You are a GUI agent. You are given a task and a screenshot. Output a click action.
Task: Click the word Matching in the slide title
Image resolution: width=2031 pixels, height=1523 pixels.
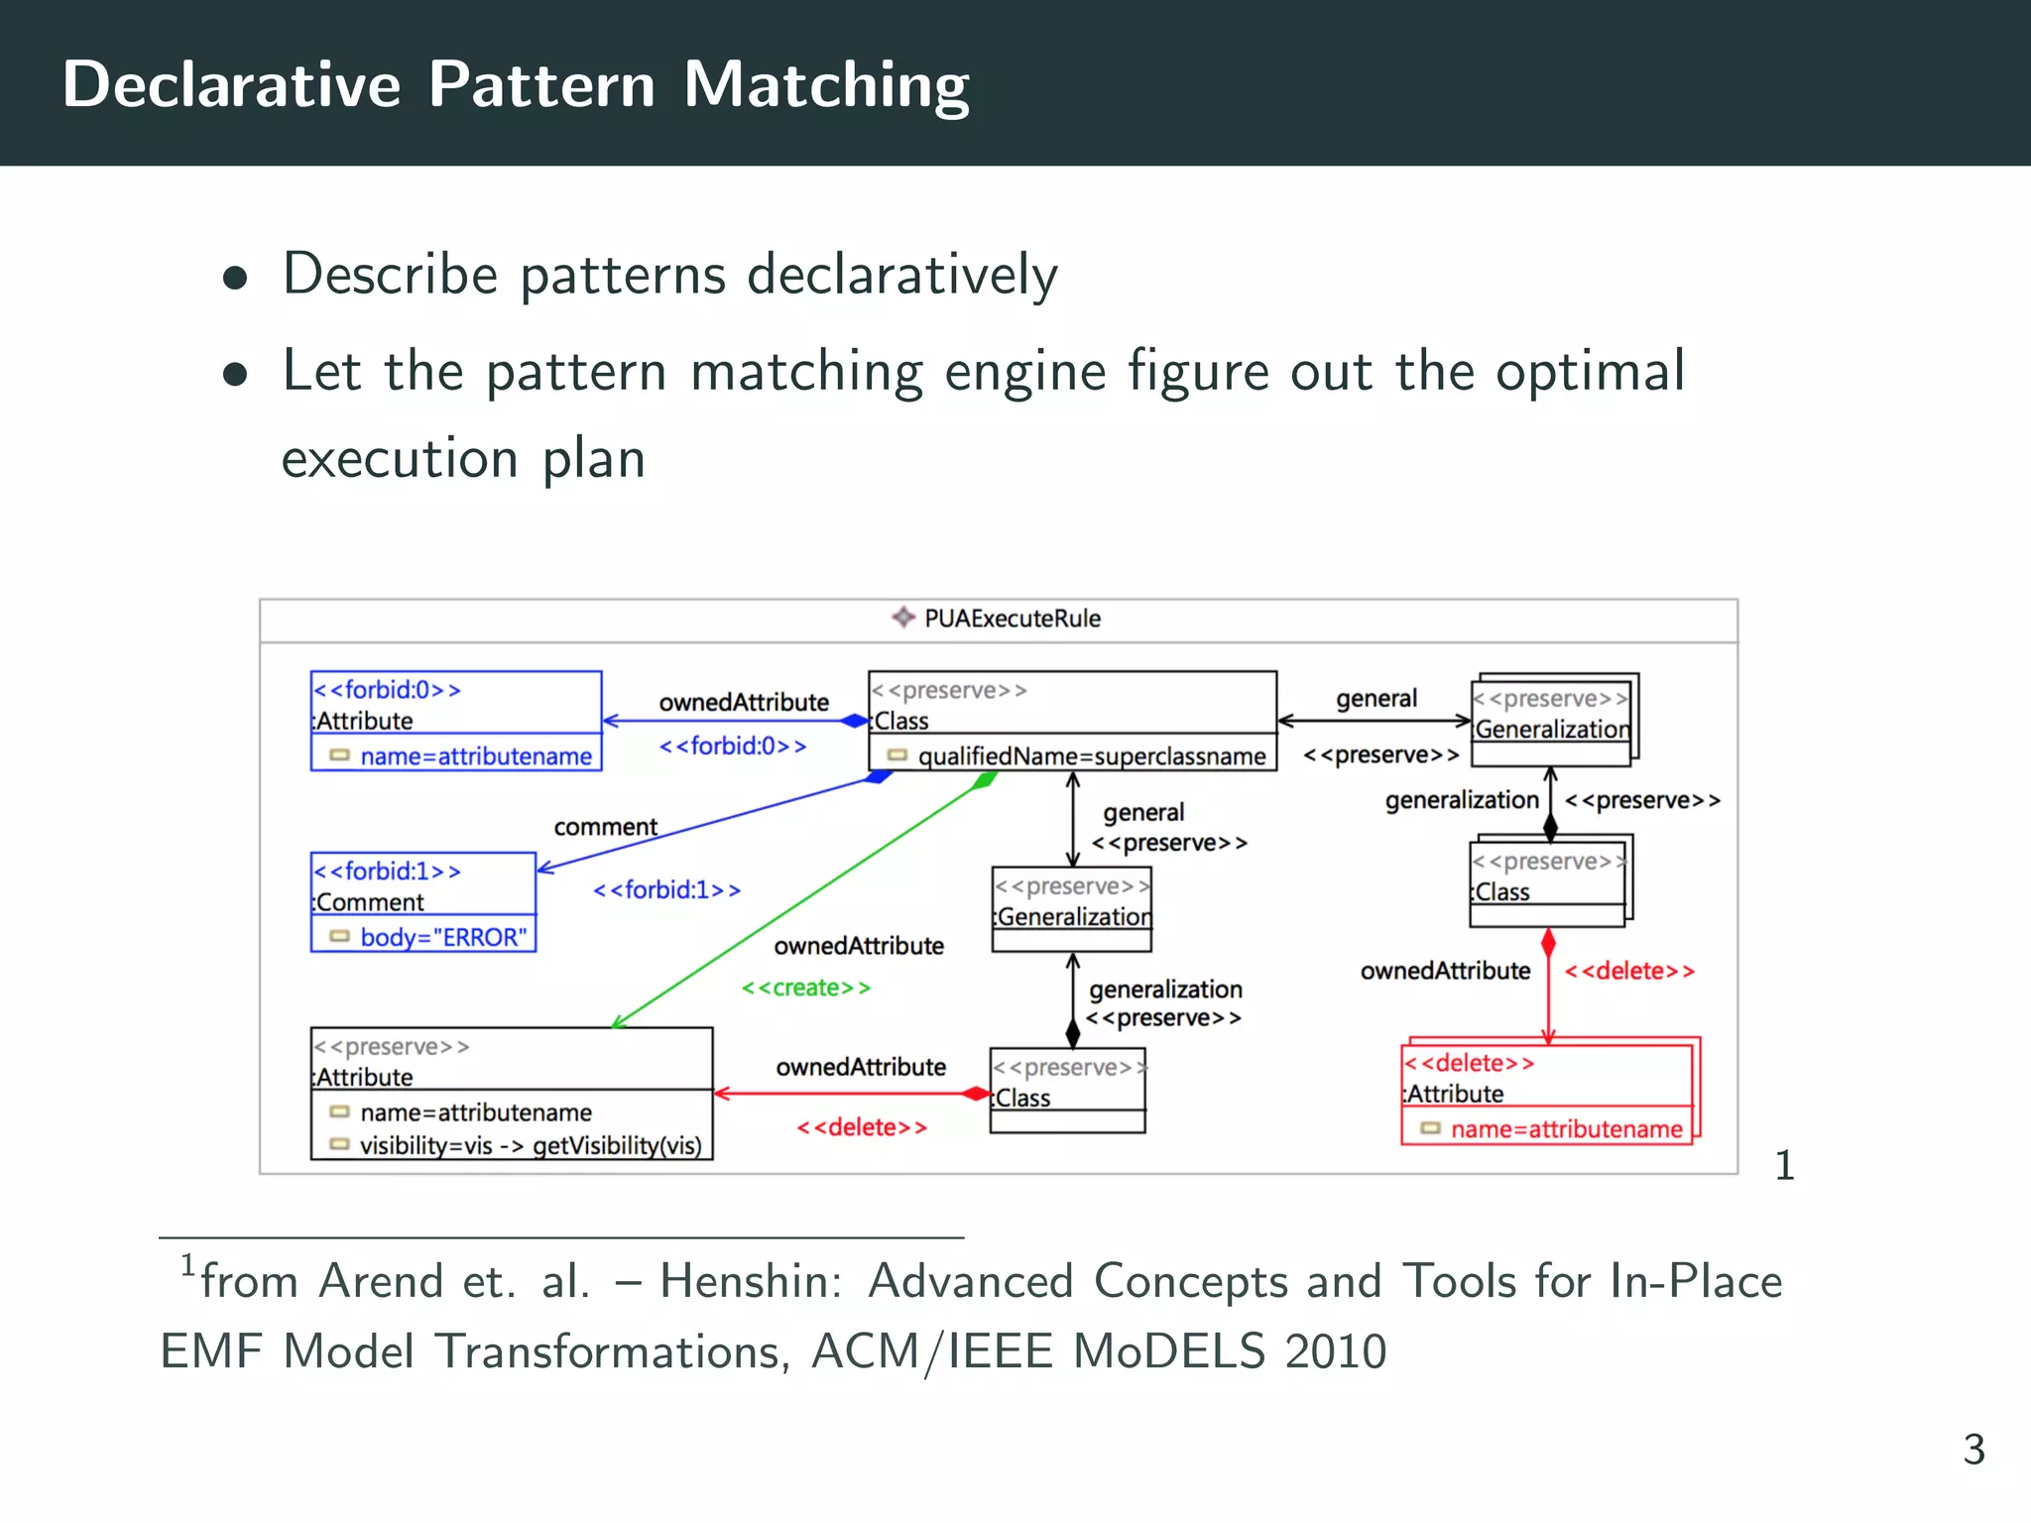pyautogui.click(x=826, y=85)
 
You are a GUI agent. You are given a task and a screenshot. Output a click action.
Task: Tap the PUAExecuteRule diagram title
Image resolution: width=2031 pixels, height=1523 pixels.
pyautogui.click(x=1011, y=619)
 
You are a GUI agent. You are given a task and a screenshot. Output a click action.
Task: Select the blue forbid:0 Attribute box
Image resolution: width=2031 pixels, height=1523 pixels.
pyautogui.click(x=456, y=721)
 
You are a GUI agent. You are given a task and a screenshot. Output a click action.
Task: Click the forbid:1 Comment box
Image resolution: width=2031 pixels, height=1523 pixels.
pyautogui.click(x=423, y=901)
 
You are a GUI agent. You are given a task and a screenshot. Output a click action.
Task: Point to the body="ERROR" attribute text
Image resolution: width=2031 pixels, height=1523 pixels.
pyautogui.click(x=442, y=937)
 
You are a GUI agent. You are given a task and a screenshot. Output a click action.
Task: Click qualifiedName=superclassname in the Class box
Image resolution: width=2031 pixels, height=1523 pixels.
pyautogui.click(x=1091, y=757)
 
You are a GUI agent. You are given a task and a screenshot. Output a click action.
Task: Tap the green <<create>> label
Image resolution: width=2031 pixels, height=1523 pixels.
pyautogui.click(x=806, y=988)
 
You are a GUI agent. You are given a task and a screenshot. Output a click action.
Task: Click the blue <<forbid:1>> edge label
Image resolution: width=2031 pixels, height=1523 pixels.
pyautogui.click(x=666, y=890)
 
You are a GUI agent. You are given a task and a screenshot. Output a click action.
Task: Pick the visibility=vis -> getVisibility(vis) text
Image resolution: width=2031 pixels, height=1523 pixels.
pyautogui.click(x=530, y=1146)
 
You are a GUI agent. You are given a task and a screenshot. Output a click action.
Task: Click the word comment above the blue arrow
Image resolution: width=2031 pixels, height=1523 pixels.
pyautogui.click(x=605, y=827)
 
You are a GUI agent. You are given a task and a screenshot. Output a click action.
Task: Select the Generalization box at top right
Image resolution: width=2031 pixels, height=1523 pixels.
pyautogui.click(x=1552, y=720)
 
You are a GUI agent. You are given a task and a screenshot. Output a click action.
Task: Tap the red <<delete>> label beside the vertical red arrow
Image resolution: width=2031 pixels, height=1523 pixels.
pyautogui.click(x=1629, y=972)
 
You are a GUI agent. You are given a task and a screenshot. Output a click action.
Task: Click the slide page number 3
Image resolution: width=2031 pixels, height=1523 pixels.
pyautogui.click(x=1973, y=1450)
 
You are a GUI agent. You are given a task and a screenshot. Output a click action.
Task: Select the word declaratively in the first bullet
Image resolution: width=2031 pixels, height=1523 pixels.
pyautogui.click(x=901, y=275)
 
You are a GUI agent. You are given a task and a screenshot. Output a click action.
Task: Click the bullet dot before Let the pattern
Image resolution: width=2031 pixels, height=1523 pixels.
pyautogui.click(x=235, y=375)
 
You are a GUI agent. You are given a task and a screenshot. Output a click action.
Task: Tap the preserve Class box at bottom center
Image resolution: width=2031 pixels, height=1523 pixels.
pyautogui.click(x=1068, y=1091)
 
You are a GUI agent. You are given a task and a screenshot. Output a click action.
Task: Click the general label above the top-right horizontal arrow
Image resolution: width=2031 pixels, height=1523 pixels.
pyautogui.click(x=1376, y=699)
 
